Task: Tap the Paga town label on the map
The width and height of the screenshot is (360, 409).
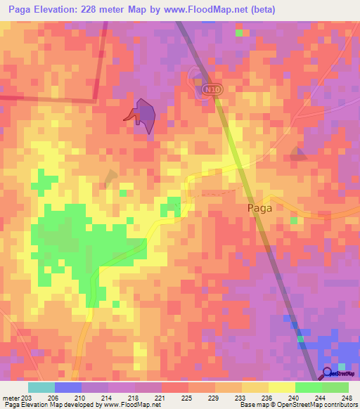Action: point(259,208)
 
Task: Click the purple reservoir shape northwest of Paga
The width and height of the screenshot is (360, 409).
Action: point(146,114)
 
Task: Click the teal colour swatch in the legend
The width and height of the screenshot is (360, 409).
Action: point(41,387)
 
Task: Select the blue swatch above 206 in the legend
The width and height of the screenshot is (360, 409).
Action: point(67,387)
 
